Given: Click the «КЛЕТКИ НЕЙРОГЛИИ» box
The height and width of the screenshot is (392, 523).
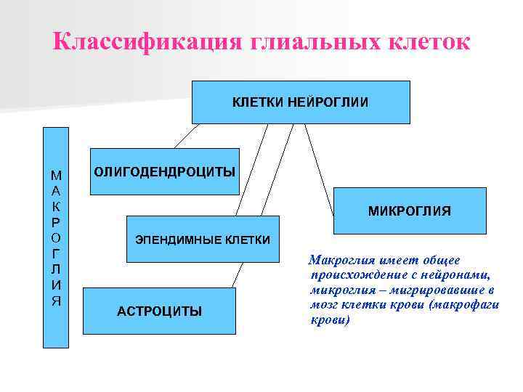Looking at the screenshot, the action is point(300,102).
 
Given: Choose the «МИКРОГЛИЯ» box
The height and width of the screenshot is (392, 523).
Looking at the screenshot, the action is point(409,211).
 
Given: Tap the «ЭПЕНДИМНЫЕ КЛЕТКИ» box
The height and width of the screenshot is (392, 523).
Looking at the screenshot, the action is point(203,240).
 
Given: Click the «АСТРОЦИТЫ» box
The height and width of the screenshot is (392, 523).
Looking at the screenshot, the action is point(159,311).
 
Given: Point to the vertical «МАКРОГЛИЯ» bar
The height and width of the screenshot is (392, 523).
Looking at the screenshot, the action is point(56,239).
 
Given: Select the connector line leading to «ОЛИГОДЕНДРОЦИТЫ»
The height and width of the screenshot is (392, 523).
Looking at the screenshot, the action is point(185,136).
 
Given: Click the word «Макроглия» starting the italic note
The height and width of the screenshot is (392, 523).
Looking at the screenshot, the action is point(337,261).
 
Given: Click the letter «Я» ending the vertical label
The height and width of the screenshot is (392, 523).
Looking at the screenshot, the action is point(56,301).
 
